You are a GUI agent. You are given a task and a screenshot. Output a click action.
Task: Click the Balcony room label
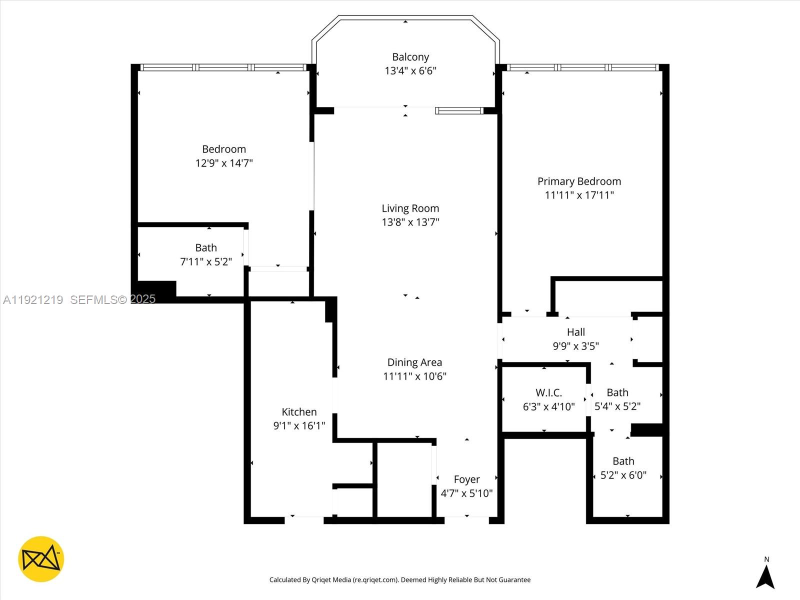tap(410, 57)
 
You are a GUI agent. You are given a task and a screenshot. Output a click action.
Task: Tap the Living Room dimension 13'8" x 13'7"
tap(410, 222)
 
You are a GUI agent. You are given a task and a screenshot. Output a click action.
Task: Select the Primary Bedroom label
tap(579, 181)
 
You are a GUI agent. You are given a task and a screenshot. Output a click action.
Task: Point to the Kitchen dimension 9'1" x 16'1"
tap(299, 426)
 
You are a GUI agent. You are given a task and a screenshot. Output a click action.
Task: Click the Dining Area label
tap(414, 362)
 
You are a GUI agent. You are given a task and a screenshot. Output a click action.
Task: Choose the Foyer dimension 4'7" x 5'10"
tap(466, 493)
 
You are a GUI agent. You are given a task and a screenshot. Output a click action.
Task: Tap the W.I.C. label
tap(548, 393)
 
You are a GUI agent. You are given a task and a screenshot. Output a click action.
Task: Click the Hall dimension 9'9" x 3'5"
tap(575, 346)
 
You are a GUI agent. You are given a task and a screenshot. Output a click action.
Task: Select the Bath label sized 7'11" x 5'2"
tap(206, 248)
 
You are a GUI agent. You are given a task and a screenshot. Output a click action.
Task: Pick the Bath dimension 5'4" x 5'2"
tap(617, 406)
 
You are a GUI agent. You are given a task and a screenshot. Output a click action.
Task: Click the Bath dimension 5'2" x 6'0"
tap(623, 475)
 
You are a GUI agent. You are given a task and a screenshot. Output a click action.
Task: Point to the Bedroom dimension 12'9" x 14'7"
tap(224, 163)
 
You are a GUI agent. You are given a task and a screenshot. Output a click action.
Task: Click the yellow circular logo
tap(41, 559)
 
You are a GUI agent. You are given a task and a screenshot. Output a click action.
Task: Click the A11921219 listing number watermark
tap(33, 299)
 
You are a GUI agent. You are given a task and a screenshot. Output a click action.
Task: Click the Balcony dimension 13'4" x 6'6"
tap(410, 71)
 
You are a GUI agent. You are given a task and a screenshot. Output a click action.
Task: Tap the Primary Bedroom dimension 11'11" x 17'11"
tap(579, 195)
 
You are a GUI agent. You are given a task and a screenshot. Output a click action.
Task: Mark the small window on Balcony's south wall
tap(458, 111)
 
